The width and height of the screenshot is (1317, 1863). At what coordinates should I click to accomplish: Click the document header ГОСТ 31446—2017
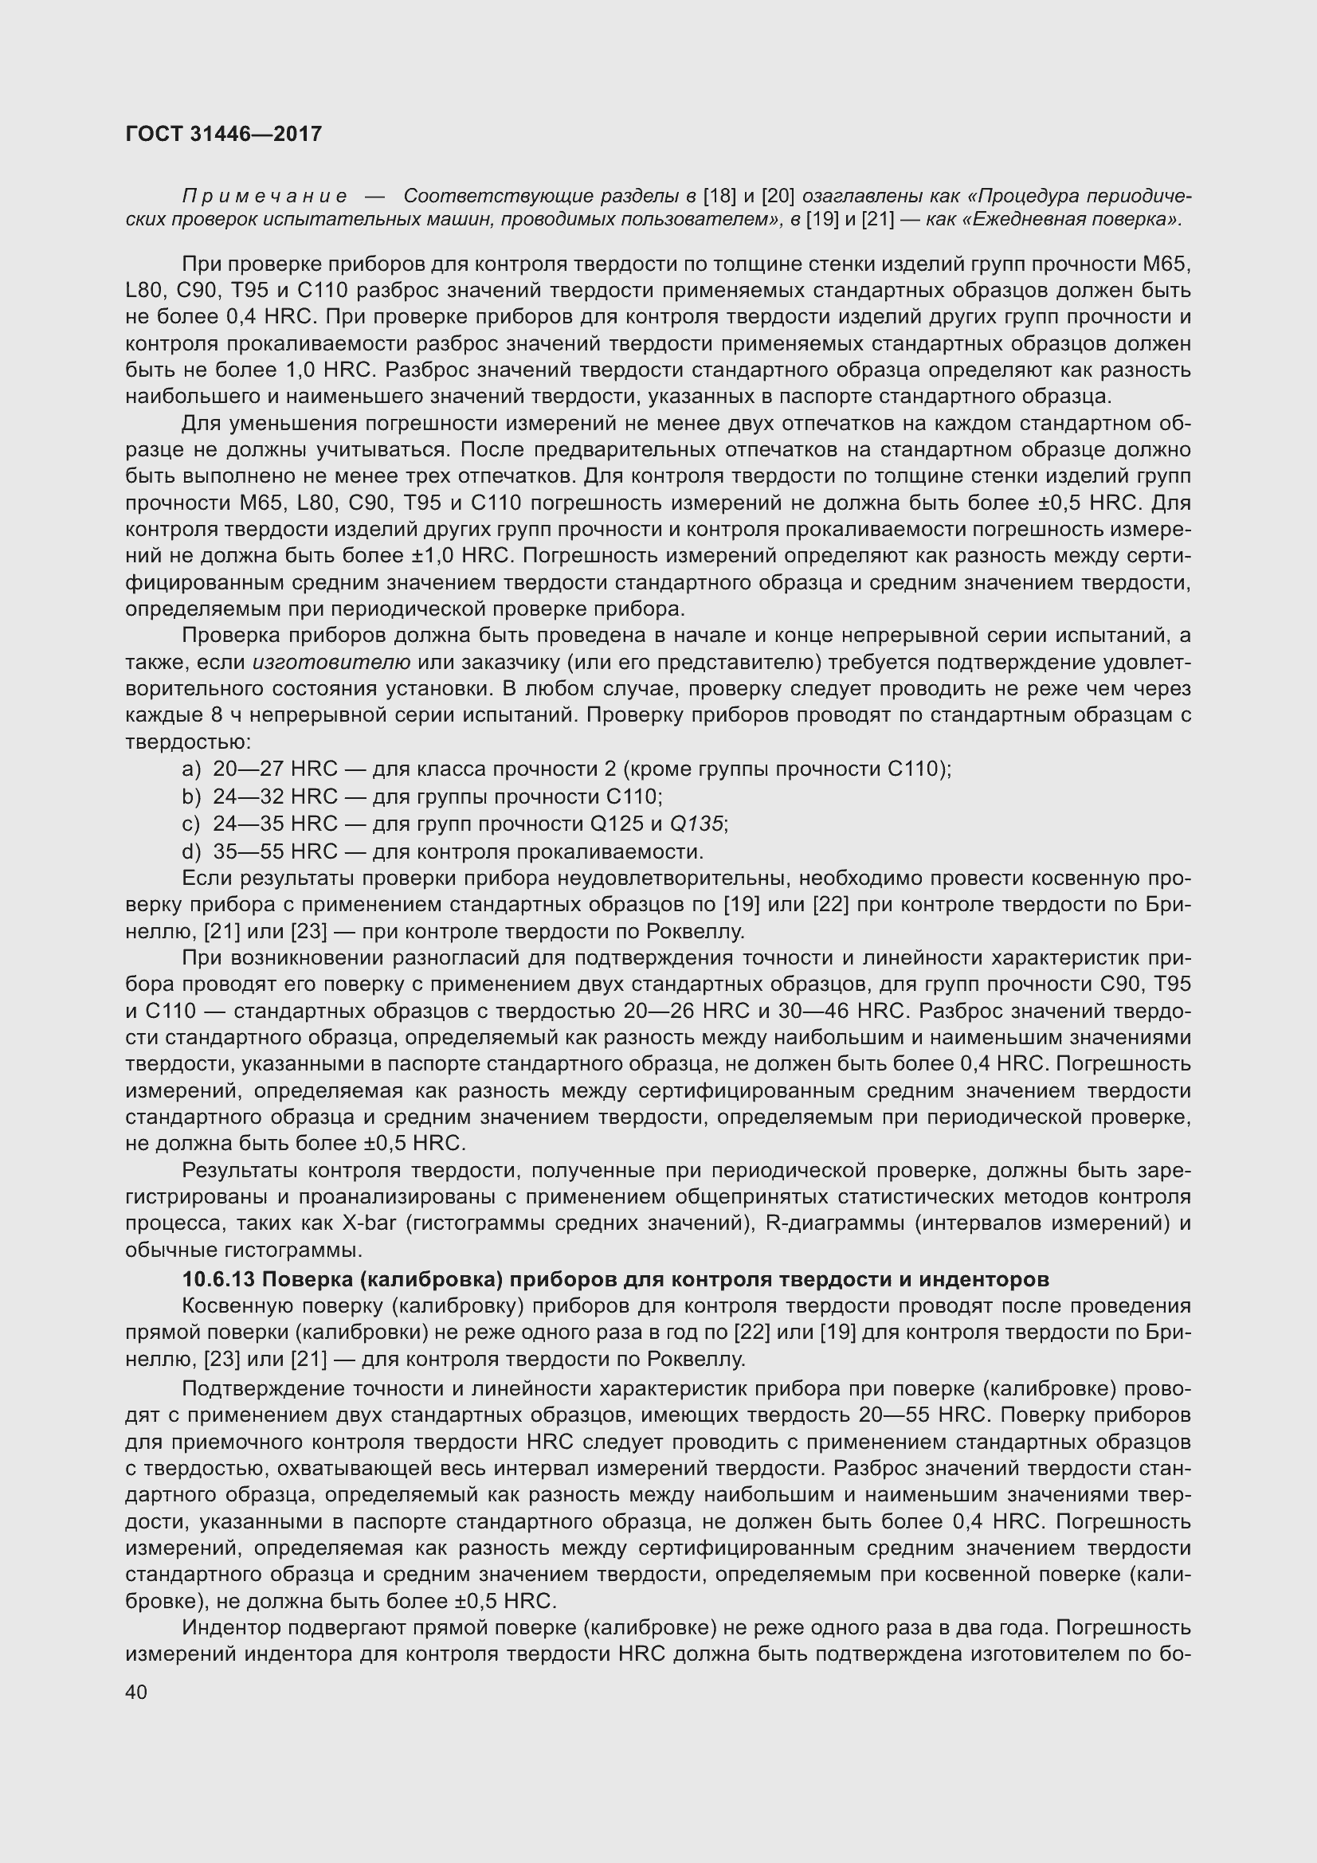[x=223, y=134]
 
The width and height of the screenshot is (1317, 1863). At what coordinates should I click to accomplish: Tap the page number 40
[x=136, y=1692]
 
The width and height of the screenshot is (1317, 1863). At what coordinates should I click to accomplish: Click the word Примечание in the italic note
[x=265, y=197]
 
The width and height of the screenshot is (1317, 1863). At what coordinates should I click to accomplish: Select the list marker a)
[x=190, y=769]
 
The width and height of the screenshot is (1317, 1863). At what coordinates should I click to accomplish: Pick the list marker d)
[x=190, y=852]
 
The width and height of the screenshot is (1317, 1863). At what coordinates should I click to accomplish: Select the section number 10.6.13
[x=218, y=1280]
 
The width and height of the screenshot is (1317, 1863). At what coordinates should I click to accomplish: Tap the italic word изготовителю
[x=331, y=663]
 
